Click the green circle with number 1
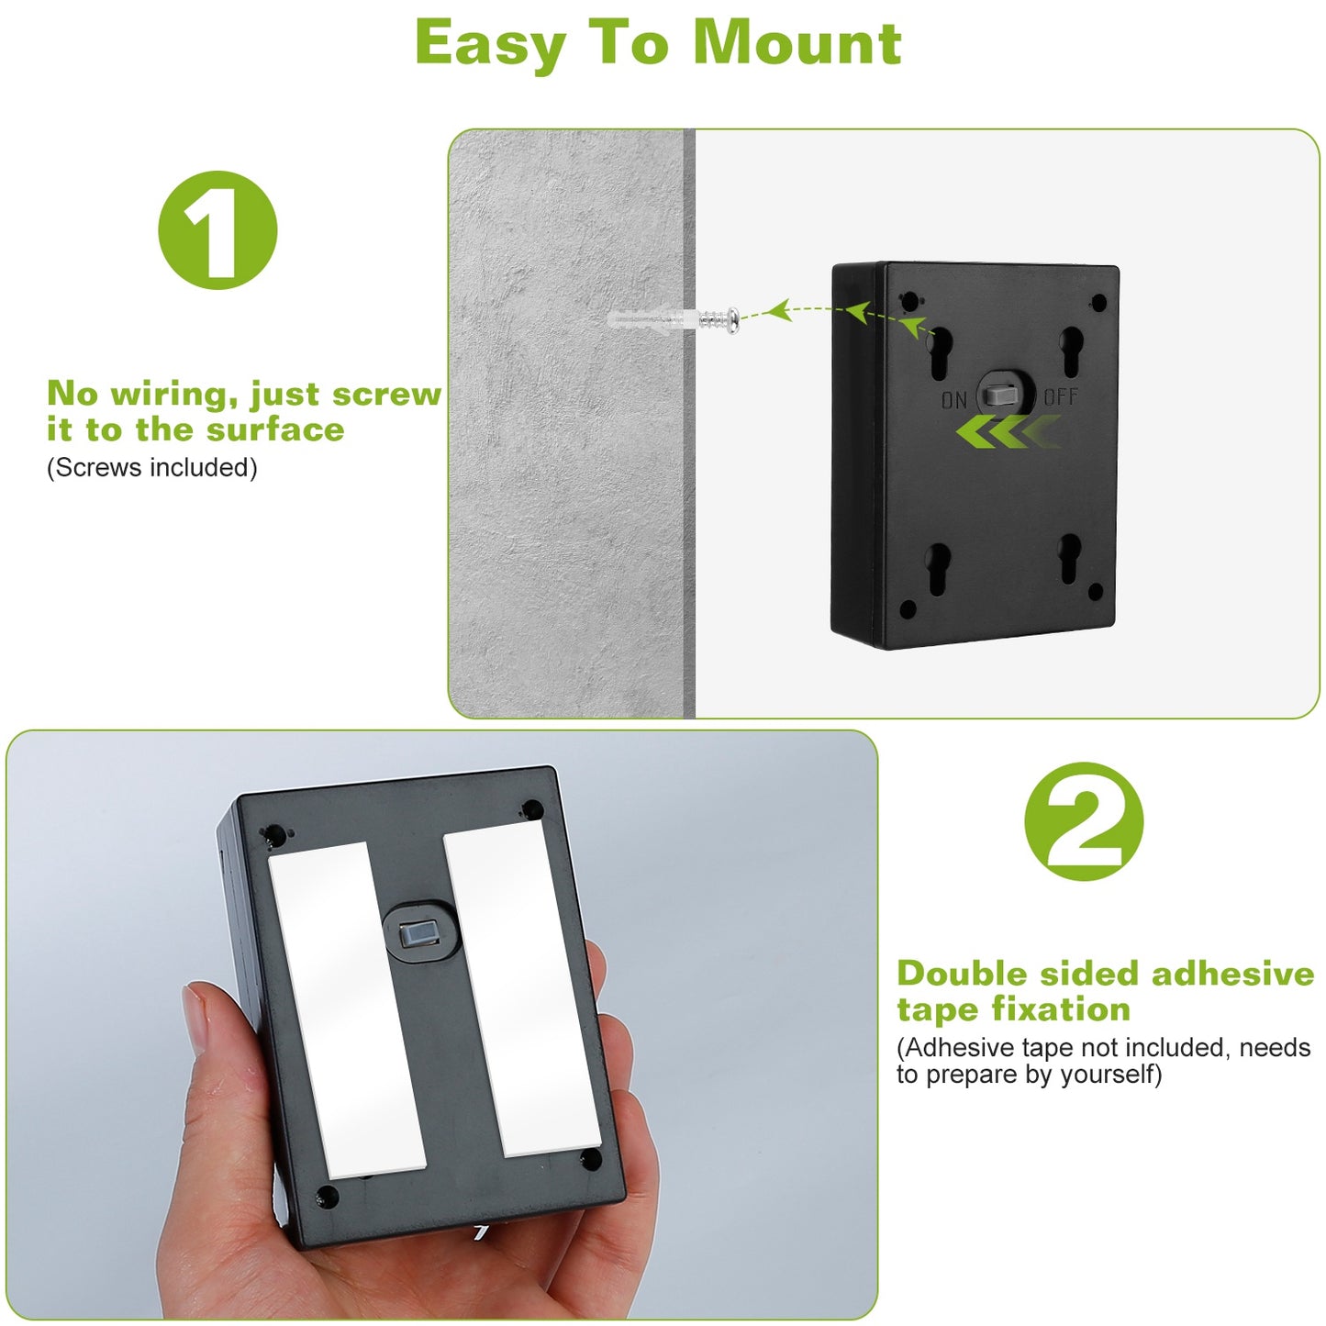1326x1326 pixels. (x=217, y=229)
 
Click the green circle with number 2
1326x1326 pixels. (x=1084, y=821)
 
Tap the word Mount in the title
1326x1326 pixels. (x=797, y=43)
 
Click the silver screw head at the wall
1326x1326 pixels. (x=732, y=321)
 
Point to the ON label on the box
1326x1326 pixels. (x=953, y=400)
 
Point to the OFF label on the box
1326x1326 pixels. (x=1061, y=397)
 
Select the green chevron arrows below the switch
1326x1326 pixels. (x=1008, y=433)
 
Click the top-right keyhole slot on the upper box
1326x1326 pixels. (x=1072, y=351)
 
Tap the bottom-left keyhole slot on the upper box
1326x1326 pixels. (x=938, y=568)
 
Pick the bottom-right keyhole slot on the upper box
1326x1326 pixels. (x=1069, y=558)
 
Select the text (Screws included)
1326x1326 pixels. (x=152, y=468)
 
